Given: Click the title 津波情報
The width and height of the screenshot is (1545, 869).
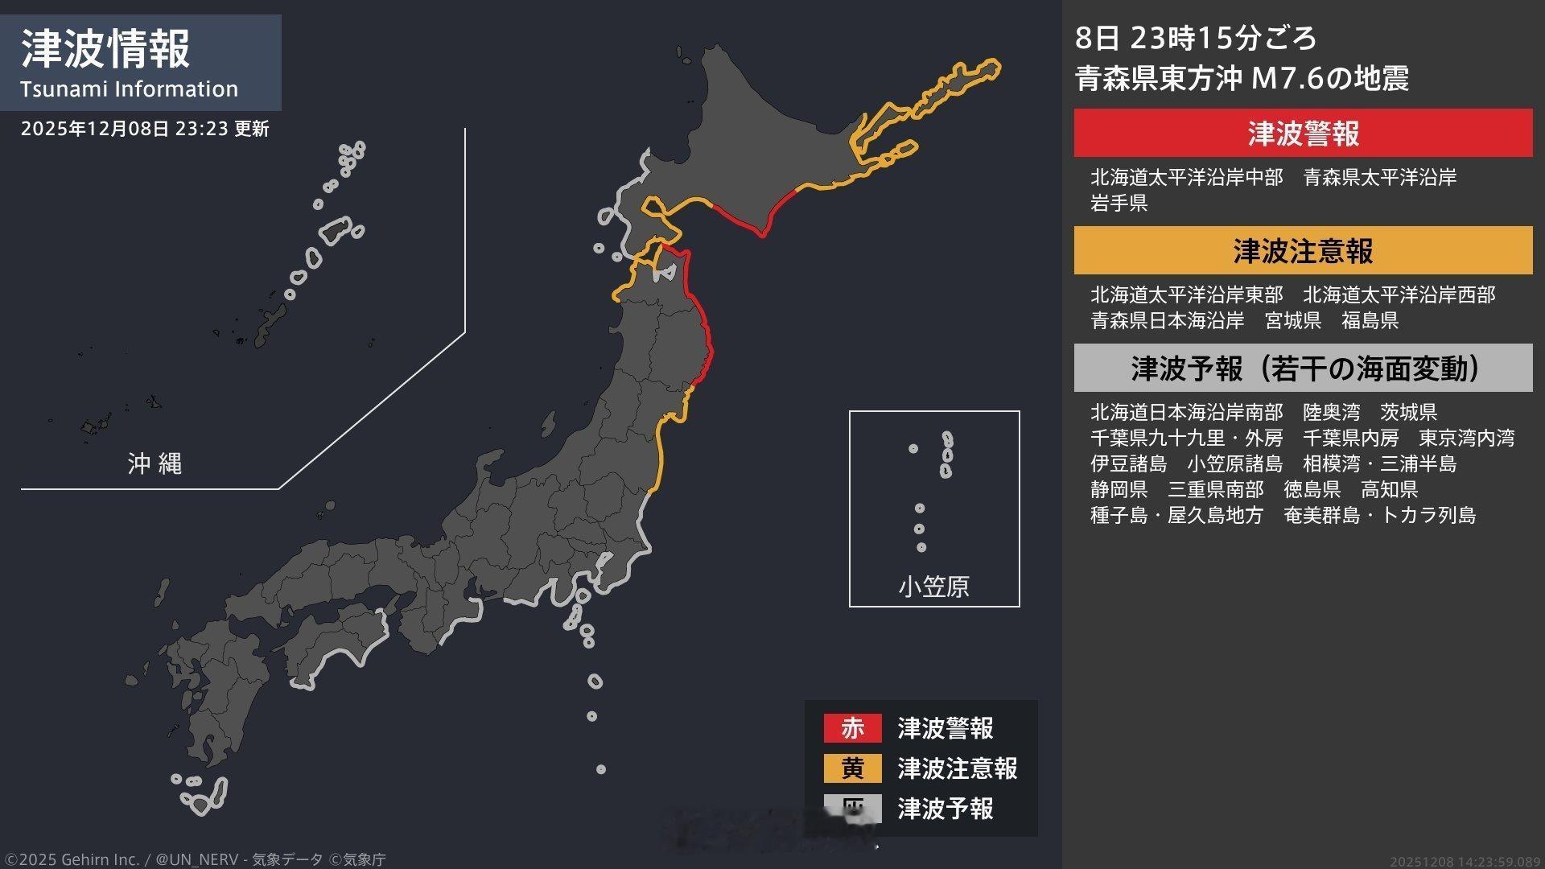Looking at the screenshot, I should click(105, 48).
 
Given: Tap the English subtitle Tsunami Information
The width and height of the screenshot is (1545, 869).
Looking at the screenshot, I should click(129, 89).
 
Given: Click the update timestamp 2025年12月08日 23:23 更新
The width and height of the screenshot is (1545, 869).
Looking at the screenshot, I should click(145, 129).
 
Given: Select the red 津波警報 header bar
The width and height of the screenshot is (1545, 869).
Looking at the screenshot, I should click(1303, 134).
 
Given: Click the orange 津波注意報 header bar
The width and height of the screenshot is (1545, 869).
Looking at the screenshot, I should click(1303, 251).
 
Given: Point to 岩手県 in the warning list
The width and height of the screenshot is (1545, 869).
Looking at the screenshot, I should click(1119, 203).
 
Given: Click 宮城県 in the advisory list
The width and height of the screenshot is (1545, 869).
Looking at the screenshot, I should click(1293, 320).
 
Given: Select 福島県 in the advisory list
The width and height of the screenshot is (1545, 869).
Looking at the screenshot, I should click(1370, 320).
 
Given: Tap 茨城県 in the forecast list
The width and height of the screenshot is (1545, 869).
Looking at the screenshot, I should click(1408, 412).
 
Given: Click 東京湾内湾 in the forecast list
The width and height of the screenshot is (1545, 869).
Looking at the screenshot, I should click(1466, 438).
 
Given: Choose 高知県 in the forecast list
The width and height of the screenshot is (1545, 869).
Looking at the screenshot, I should click(1389, 489).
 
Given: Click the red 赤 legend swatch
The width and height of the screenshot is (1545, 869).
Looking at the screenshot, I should click(852, 728).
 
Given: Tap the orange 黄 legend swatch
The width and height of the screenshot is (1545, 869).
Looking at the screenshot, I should click(852, 768).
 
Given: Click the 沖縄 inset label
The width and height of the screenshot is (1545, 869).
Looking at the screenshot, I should click(154, 463).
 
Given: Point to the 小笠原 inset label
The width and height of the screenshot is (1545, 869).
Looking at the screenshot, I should click(933, 587).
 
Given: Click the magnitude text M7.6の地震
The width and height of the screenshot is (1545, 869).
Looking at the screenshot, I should click(1329, 79).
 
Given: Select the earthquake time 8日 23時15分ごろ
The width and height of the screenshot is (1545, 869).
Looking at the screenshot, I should click(1196, 38).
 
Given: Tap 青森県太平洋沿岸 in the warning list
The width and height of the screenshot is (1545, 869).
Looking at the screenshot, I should click(1379, 177).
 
